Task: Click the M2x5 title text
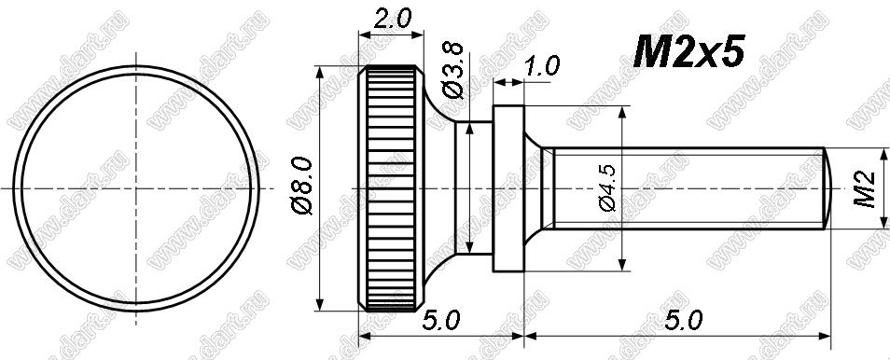pos(688,52)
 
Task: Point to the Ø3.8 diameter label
pos(454,72)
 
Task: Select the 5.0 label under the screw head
pos(440,322)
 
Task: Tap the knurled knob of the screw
pos(391,188)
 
